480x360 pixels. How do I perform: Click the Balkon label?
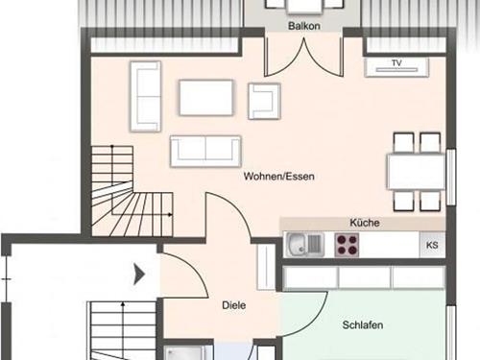(x=303, y=27)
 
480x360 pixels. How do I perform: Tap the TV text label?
(x=396, y=64)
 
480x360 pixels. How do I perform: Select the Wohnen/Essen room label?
(x=279, y=176)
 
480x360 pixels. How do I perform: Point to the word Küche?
(x=366, y=223)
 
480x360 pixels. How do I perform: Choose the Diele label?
(x=233, y=305)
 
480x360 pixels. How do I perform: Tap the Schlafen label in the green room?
(x=362, y=325)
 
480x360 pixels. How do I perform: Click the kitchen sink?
(x=305, y=245)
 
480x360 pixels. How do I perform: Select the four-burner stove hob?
(x=347, y=245)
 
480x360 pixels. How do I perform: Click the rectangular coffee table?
(x=205, y=97)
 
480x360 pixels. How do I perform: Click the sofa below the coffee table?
(x=205, y=150)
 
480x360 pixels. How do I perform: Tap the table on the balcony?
(x=303, y=5)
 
